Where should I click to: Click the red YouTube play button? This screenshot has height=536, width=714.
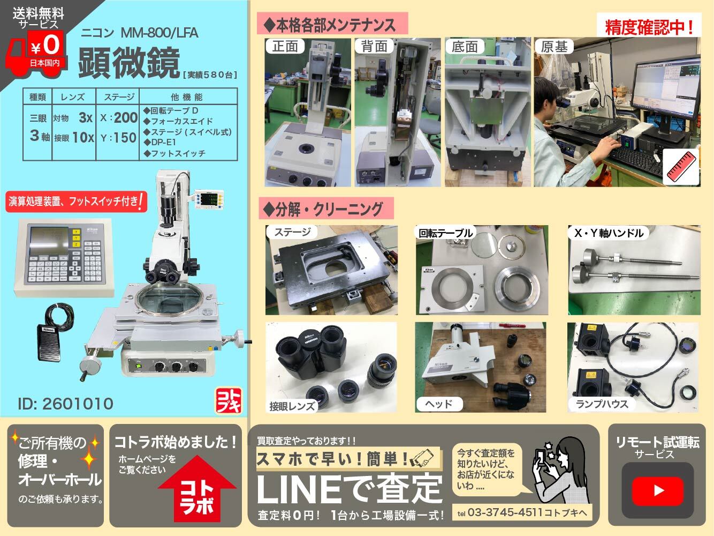pyautogui.click(x=658, y=490)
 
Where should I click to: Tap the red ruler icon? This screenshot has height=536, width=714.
pyautogui.click(x=681, y=167)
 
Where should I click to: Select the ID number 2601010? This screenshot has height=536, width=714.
pyautogui.click(x=65, y=404)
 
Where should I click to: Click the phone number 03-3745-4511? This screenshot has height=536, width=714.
pyautogui.click(x=505, y=512)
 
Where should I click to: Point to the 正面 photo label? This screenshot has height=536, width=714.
pyautogui.click(x=285, y=47)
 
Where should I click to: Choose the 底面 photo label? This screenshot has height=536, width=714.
pyautogui.click(x=464, y=47)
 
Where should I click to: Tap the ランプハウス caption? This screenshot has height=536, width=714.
pyautogui.click(x=602, y=404)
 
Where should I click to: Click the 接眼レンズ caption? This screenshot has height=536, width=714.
pyautogui.click(x=292, y=406)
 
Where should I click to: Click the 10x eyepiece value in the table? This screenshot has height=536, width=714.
pyautogui.click(x=83, y=137)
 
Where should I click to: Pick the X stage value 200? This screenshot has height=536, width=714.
pyautogui.click(x=126, y=117)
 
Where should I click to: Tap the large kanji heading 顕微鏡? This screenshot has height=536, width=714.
pyautogui.click(x=128, y=64)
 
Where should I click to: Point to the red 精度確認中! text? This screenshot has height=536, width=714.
pyautogui.click(x=649, y=27)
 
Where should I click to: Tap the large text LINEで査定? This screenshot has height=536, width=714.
pyautogui.click(x=350, y=488)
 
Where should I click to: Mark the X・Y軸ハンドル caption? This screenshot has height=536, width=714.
pyautogui.click(x=608, y=233)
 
